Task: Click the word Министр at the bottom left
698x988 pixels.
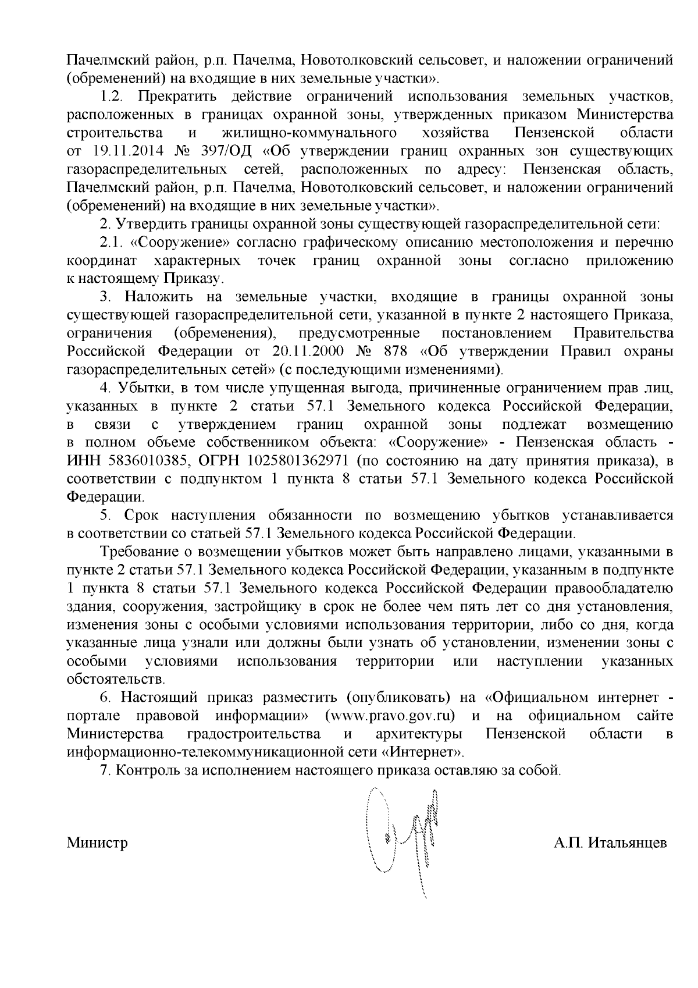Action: tap(97, 843)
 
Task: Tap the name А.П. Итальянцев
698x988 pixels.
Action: tap(610, 843)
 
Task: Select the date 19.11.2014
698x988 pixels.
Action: tap(127, 151)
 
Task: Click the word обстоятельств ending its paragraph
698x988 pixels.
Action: tap(116, 679)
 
